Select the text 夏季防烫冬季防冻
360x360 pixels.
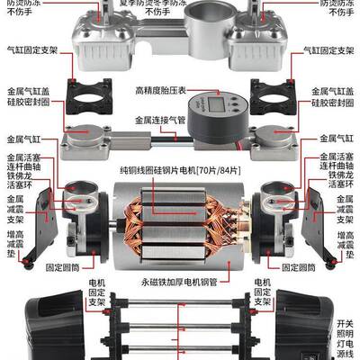[x=179, y=5]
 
